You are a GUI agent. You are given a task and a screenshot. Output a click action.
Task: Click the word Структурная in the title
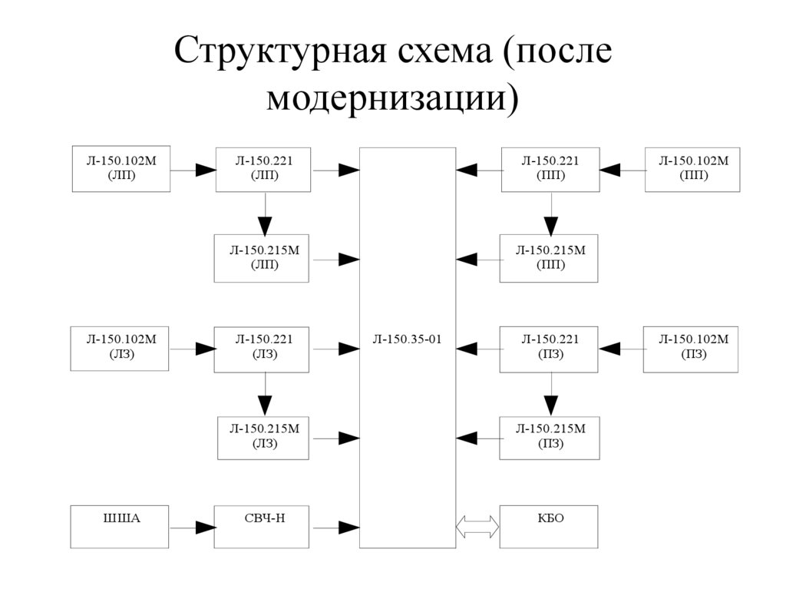(x=281, y=52)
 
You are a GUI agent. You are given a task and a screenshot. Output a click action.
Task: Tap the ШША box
(x=120, y=526)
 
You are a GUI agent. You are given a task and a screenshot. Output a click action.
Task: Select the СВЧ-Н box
(x=262, y=526)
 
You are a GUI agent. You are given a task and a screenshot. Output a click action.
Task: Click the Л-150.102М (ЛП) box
(x=121, y=168)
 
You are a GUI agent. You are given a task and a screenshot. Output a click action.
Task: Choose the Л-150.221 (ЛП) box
(x=264, y=168)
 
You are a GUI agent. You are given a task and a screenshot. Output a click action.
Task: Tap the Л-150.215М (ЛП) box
(x=263, y=258)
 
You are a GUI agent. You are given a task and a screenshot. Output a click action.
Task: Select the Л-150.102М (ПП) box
(x=693, y=168)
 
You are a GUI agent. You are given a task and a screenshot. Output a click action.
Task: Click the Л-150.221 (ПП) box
(x=550, y=168)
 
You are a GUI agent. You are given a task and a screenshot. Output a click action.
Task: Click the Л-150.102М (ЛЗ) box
(x=120, y=348)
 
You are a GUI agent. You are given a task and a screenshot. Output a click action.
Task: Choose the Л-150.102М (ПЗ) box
(x=691, y=348)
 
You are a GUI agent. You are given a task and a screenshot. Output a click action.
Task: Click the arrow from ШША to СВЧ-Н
(x=192, y=528)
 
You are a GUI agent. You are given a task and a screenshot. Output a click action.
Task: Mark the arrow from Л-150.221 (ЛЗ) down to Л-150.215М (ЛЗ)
(x=265, y=395)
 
